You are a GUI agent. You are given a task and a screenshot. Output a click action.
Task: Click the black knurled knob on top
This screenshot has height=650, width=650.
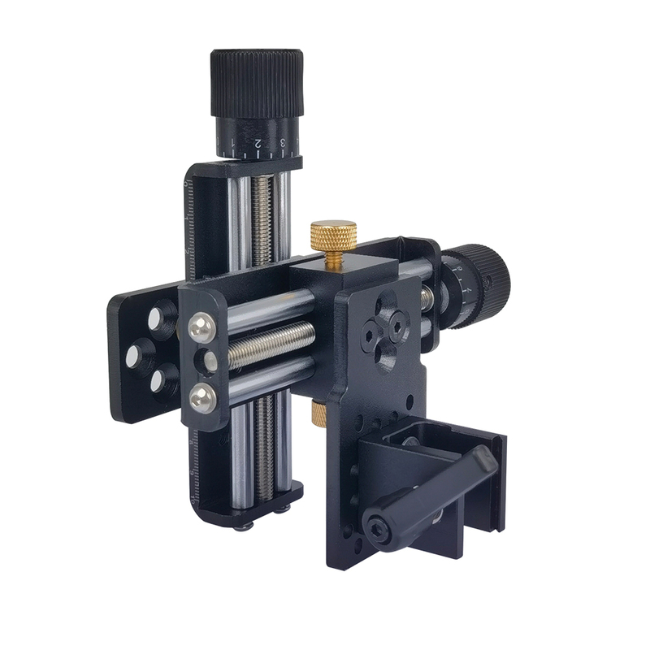click(257, 82)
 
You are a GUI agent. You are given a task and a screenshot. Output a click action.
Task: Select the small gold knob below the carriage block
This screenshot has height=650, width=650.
click(319, 414)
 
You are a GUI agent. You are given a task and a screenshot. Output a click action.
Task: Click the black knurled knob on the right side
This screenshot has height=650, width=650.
click(486, 284)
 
